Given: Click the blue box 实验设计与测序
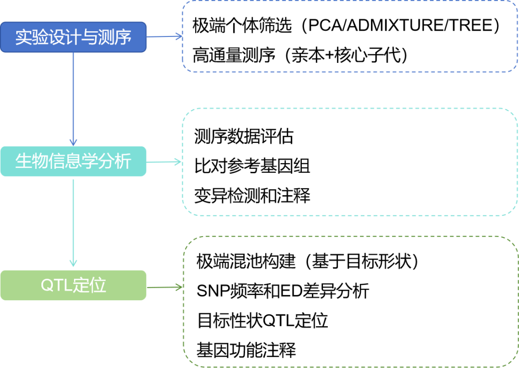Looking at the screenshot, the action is (73, 37).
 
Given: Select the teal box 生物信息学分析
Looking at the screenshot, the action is (73, 161).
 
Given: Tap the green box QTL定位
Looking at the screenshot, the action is (73, 285).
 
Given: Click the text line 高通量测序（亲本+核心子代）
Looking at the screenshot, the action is (300, 55).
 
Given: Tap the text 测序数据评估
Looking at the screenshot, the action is (244, 136).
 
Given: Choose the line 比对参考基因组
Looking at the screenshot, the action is (252, 166).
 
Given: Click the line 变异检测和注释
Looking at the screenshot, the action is (252, 195).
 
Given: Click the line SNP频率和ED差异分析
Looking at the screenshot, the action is (283, 291).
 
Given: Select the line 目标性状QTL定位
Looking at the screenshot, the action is (262, 321).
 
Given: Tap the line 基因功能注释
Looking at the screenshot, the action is (246, 350).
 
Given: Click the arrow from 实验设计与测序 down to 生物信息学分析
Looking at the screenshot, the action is (73, 99).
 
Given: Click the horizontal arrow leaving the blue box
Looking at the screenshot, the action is (164, 36).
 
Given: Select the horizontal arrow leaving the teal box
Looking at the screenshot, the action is (164, 162).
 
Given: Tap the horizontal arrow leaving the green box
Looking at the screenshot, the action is (164, 287).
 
